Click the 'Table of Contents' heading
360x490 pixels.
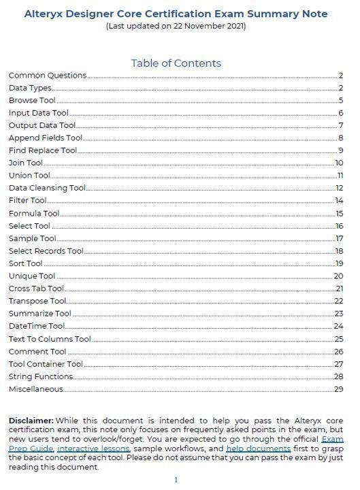coord(176,63)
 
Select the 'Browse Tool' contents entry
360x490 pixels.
coord(32,101)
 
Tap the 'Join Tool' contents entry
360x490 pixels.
coord(25,163)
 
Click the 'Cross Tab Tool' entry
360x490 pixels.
coord(36,289)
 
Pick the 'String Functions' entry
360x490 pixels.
coord(40,376)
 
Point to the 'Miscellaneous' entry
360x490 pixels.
coord(35,389)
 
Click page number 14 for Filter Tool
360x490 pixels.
coord(339,201)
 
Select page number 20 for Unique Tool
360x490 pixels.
coord(338,276)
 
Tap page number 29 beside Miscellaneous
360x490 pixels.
coord(338,389)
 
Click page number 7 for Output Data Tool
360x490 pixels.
coord(341,126)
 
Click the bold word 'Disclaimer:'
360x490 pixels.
coord(31,421)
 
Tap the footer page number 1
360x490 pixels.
coord(176,480)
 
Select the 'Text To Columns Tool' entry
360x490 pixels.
coord(50,339)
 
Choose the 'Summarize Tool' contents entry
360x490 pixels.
coord(39,314)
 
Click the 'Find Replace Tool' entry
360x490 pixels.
coord(43,150)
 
